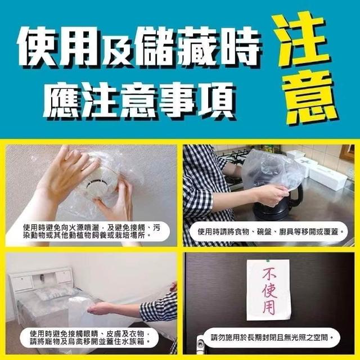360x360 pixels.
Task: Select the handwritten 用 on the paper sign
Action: pyautogui.click(x=269, y=307)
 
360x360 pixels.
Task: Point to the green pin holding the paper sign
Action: pyautogui.click(x=268, y=261)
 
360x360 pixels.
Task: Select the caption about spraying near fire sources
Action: pyautogui.click(x=91, y=231)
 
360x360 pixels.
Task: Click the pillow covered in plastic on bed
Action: pyautogui.click(x=55, y=292)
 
